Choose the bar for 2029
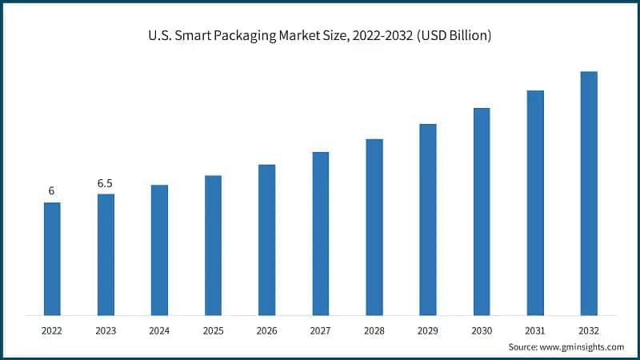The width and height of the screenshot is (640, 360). coord(428,219)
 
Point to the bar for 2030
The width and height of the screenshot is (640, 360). coord(482,211)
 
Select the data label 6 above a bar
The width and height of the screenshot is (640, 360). coord(51,191)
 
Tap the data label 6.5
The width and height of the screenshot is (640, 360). coord(105,183)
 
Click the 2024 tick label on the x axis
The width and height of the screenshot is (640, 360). coord(159,329)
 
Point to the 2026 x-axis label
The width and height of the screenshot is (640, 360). coord(266,329)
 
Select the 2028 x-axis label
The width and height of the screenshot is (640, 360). coord(374,329)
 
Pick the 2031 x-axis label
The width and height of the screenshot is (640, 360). coord(535,329)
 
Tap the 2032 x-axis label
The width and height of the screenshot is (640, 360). coord(589,329)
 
